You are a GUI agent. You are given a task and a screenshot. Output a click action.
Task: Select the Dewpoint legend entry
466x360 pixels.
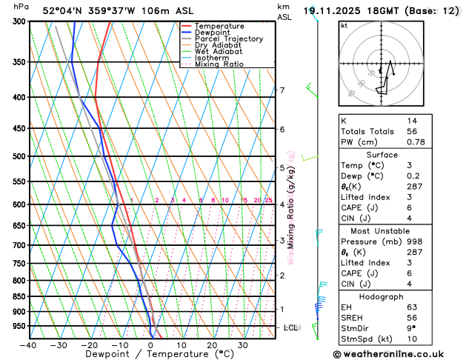tap(215, 33)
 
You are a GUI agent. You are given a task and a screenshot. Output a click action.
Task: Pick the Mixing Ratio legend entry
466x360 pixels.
tap(220, 64)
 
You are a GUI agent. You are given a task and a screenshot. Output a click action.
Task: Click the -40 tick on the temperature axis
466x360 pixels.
tap(29, 345)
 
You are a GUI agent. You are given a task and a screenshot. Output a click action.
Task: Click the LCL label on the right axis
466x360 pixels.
tap(291, 327)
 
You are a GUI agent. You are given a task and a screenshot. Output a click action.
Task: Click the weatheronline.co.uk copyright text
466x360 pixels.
tap(398, 354)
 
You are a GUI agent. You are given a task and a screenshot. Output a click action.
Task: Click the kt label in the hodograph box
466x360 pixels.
tap(344, 26)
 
